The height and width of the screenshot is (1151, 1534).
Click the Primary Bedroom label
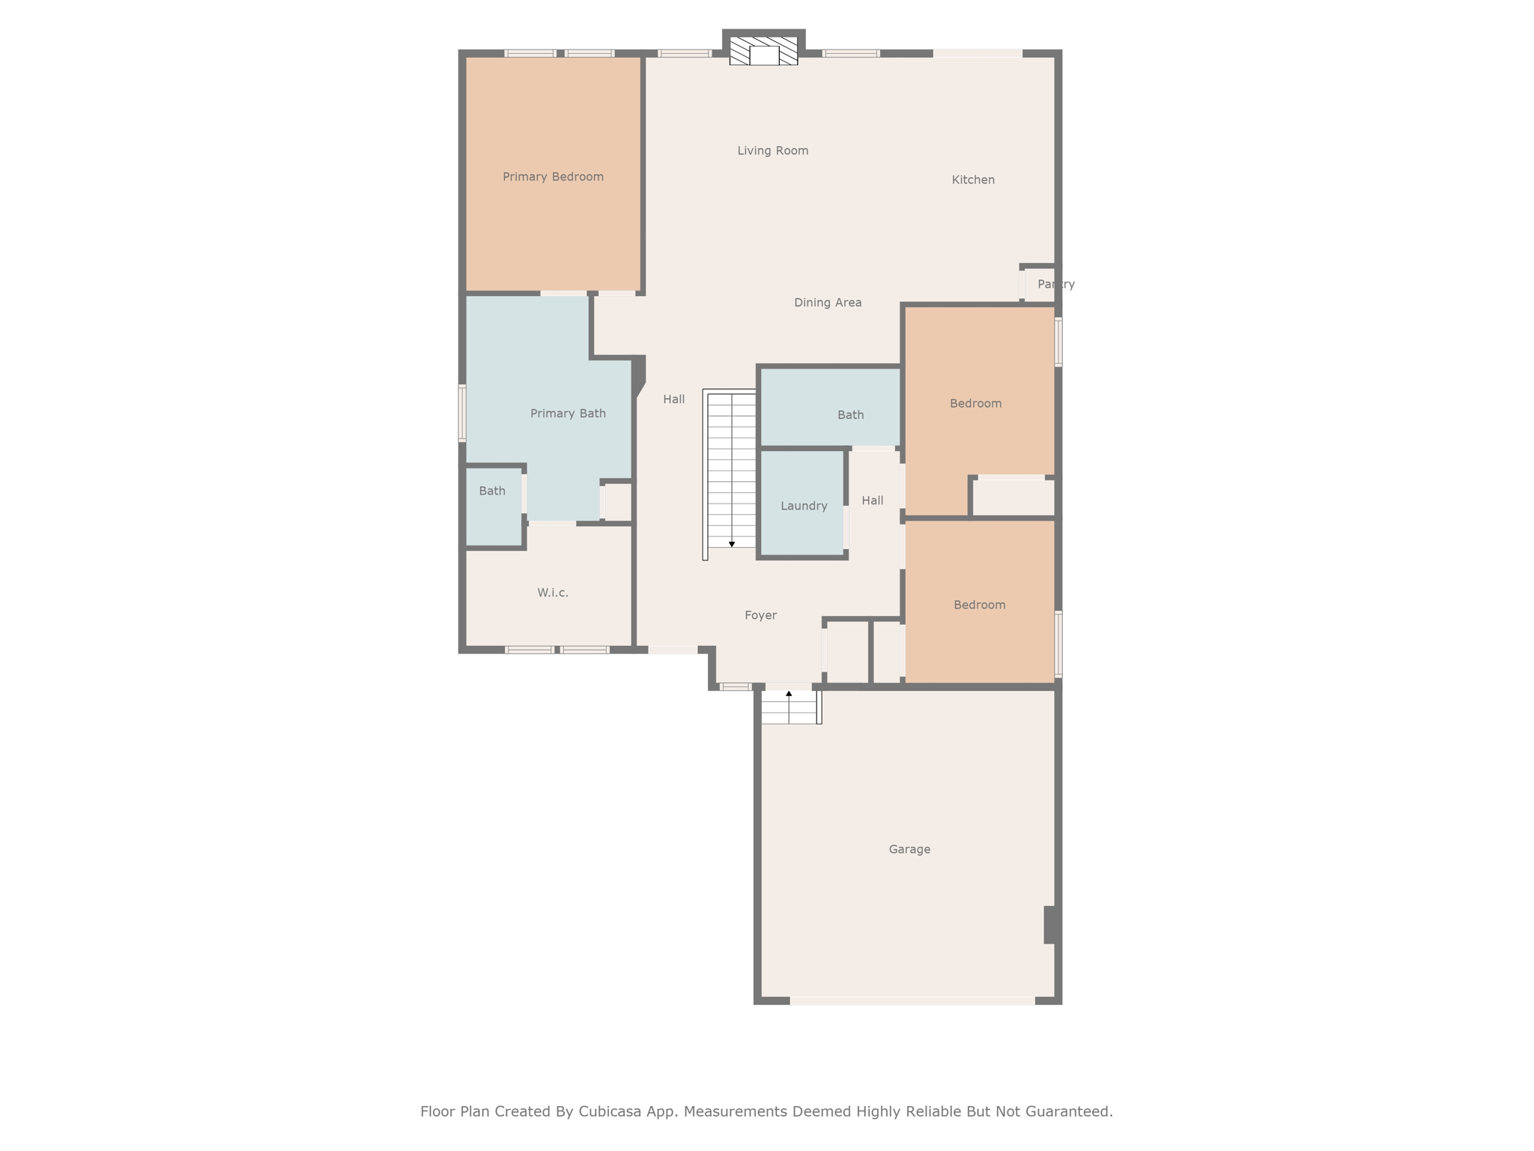pos(553,177)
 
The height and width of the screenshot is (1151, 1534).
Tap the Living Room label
pos(773,151)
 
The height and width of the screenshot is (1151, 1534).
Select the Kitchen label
pos(973,180)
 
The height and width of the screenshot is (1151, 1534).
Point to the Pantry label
pos(1056,284)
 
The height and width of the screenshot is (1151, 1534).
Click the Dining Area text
pos(828,303)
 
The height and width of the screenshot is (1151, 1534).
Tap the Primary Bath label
pos(568,414)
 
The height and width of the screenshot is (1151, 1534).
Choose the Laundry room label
pos(804,506)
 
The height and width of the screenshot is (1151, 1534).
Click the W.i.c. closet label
pos(553,593)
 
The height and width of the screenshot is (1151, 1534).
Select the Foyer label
pos(760,615)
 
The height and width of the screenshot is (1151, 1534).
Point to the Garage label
pos(909,849)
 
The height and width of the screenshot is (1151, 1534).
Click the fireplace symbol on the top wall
pos(764,51)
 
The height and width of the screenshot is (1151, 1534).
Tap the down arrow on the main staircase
pos(732,543)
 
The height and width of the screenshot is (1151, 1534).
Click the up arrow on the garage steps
pos(789,695)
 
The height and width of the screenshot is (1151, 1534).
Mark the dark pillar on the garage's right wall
pos(1050,925)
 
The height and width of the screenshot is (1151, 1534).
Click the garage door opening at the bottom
pos(912,1000)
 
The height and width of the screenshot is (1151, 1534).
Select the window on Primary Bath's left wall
pos(462,413)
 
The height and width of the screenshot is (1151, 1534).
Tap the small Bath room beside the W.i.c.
pos(494,507)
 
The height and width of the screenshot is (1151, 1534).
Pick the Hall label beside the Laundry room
pos(873,501)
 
